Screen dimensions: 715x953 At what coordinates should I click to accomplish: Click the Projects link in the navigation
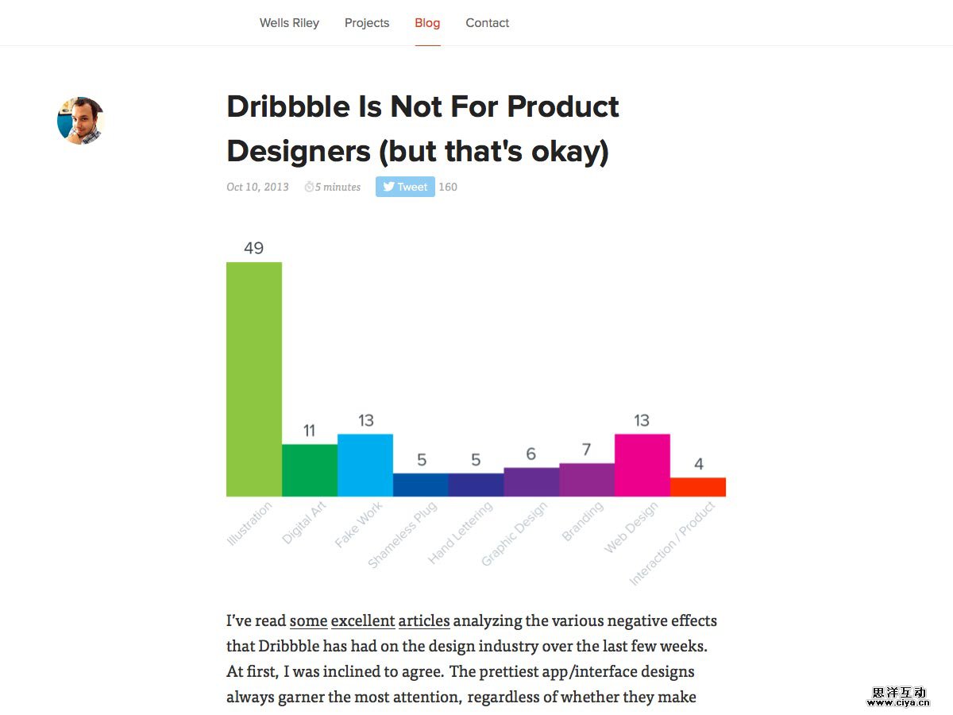(367, 23)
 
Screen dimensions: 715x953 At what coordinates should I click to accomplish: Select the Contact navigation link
(488, 23)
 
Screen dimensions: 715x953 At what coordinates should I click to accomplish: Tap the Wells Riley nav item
(289, 23)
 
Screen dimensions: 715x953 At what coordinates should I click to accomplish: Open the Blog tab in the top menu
(427, 23)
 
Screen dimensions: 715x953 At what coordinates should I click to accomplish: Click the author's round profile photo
(80, 121)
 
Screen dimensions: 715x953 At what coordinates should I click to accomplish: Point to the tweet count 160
(448, 187)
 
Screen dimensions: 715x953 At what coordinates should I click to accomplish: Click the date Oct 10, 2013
(257, 187)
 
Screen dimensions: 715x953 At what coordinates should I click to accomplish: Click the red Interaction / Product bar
(698, 487)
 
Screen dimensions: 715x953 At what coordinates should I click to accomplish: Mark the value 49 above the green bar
(254, 248)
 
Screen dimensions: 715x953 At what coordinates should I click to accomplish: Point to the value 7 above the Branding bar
(587, 450)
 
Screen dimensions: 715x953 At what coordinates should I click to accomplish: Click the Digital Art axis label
(304, 522)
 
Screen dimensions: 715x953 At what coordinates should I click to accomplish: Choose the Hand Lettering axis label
(461, 532)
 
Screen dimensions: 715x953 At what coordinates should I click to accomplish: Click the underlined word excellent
(363, 620)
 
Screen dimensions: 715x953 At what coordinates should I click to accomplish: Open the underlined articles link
(424, 620)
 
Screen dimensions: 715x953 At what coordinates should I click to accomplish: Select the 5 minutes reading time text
(337, 187)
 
